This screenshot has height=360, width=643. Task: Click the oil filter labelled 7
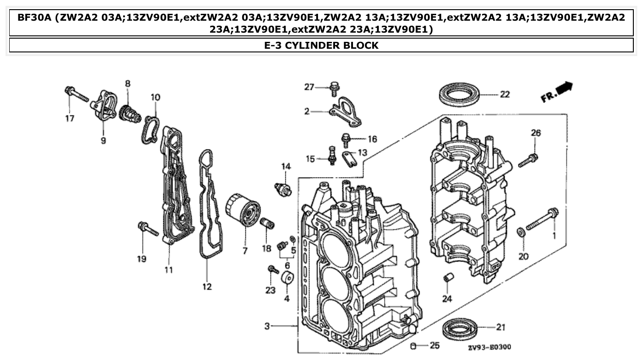(243, 211)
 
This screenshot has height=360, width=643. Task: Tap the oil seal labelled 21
(461, 328)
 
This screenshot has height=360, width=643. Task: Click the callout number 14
(286, 166)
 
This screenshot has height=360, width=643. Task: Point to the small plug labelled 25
(413, 345)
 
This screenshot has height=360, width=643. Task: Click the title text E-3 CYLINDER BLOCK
(321, 45)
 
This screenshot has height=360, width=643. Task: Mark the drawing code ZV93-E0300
(490, 347)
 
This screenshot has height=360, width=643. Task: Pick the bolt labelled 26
(529, 160)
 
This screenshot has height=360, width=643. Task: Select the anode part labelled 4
(287, 279)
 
